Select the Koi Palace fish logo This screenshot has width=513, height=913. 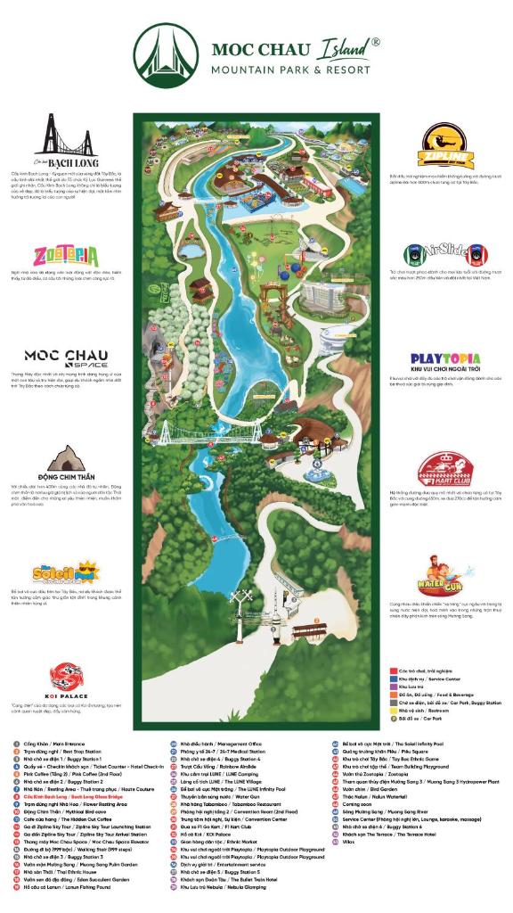coord(64,675)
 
